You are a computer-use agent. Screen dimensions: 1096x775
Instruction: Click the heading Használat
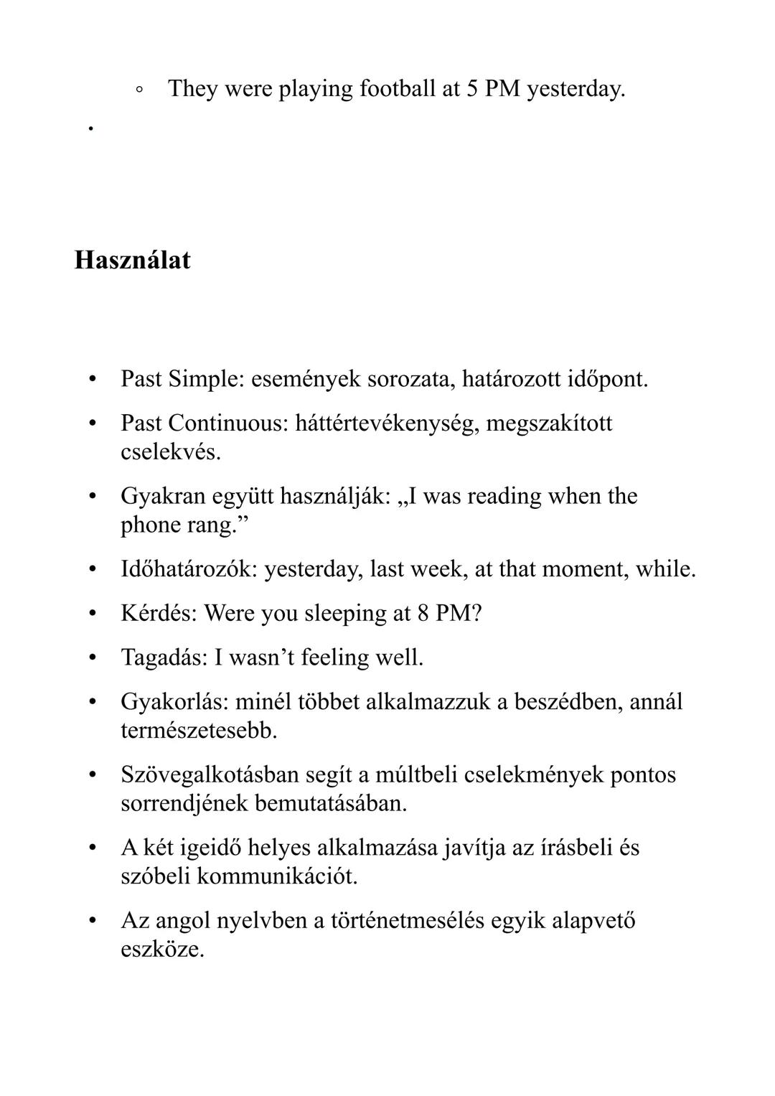click(133, 260)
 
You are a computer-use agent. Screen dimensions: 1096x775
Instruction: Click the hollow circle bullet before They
click(139, 90)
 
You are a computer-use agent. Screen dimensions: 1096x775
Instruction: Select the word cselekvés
click(171, 452)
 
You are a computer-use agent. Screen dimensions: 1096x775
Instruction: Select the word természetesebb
click(199, 731)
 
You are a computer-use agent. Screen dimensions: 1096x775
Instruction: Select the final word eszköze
click(162, 950)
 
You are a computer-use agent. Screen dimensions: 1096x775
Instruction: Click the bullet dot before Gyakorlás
click(92, 701)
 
